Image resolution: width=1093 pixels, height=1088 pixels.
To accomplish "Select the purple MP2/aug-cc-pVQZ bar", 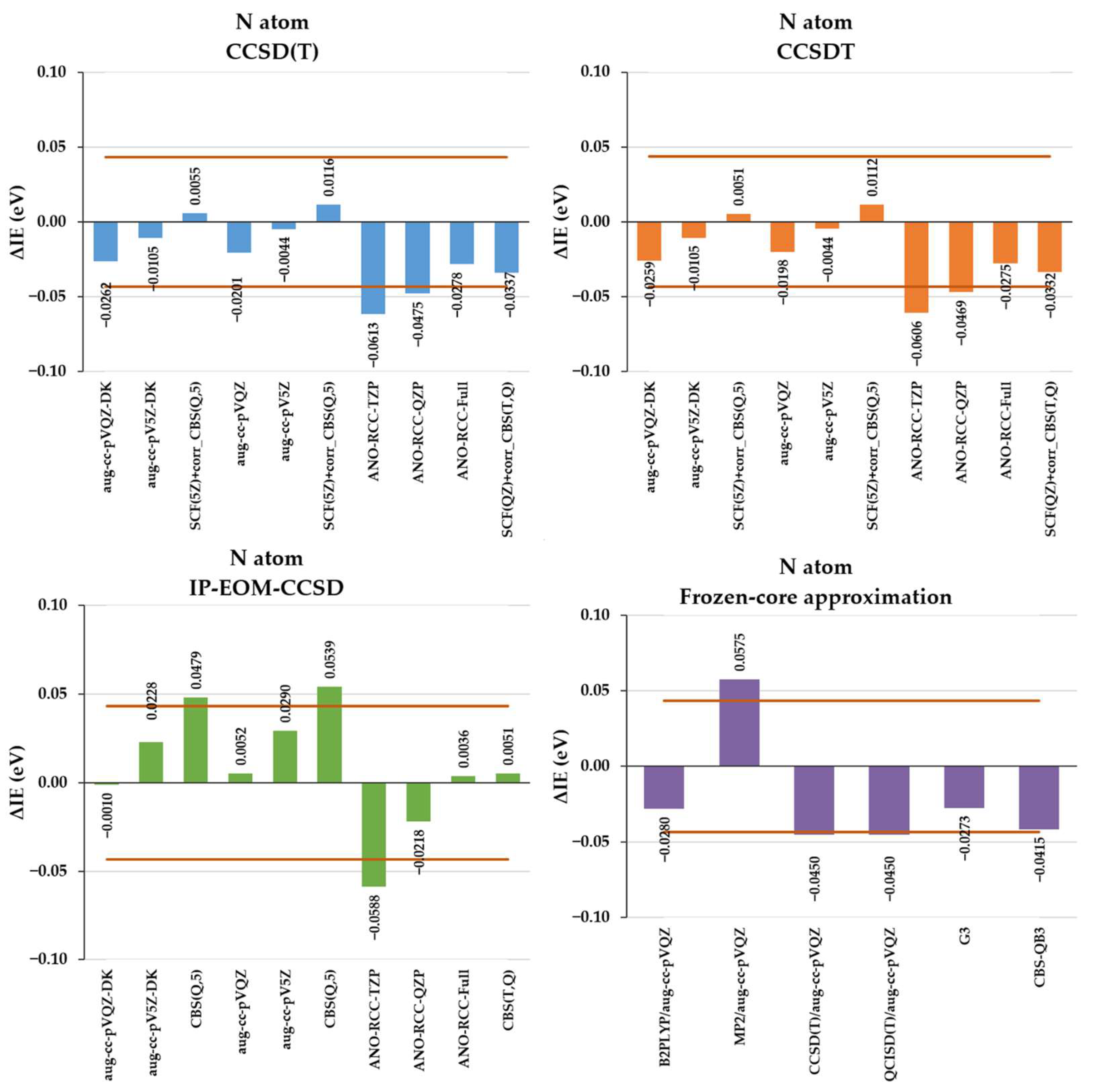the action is click(x=739, y=723).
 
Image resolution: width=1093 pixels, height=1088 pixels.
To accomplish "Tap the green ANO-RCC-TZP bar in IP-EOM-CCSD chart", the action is click(x=374, y=835).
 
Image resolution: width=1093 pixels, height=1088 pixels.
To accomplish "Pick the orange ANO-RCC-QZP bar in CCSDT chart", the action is click(x=961, y=257).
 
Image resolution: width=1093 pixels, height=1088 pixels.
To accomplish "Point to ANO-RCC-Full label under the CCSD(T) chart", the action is click(x=463, y=430).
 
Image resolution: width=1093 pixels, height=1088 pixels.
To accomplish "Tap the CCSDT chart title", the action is click(x=815, y=37).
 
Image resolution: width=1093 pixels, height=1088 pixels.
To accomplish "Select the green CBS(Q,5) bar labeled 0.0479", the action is click(x=196, y=740).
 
